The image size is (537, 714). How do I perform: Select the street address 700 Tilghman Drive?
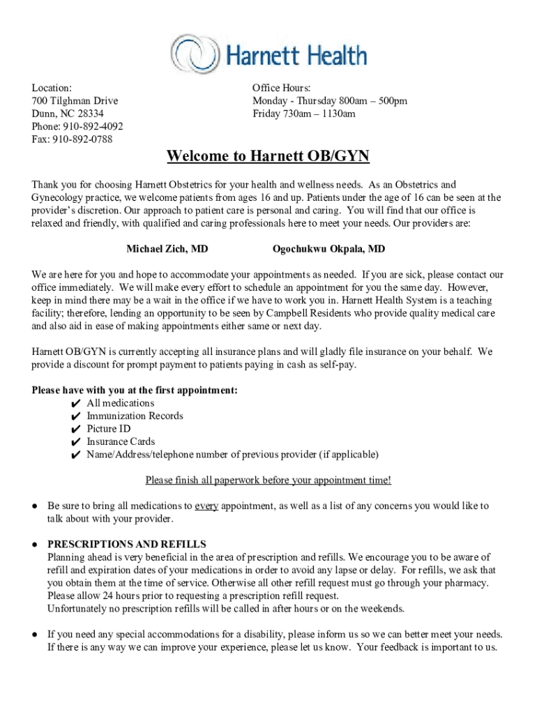[x=75, y=101]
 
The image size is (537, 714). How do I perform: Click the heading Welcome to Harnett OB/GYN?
[x=268, y=156]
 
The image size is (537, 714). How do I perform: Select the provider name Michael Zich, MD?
[x=167, y=249]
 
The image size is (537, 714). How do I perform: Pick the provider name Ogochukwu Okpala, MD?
[x=328, y=249]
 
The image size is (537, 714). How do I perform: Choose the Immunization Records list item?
[x=135, y=416]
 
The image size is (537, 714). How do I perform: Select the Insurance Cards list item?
[x=121, y=442]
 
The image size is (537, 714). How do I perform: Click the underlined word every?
[x=206, y=506]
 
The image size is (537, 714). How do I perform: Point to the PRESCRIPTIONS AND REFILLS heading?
[x=126, y=545]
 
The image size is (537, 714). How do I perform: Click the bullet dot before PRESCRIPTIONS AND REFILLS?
[x=34, y=545]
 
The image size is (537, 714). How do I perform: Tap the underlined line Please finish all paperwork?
[x=268, y=480]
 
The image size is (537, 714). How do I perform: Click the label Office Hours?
[x=282, y=89]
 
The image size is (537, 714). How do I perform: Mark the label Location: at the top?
[x=52, y=89]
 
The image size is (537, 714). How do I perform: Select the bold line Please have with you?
[x=135, y=390]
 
